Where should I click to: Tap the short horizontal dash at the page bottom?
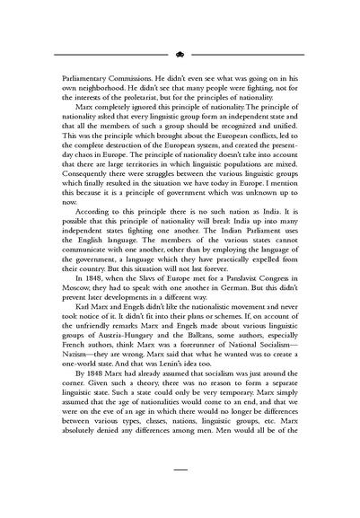click(180, 468)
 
